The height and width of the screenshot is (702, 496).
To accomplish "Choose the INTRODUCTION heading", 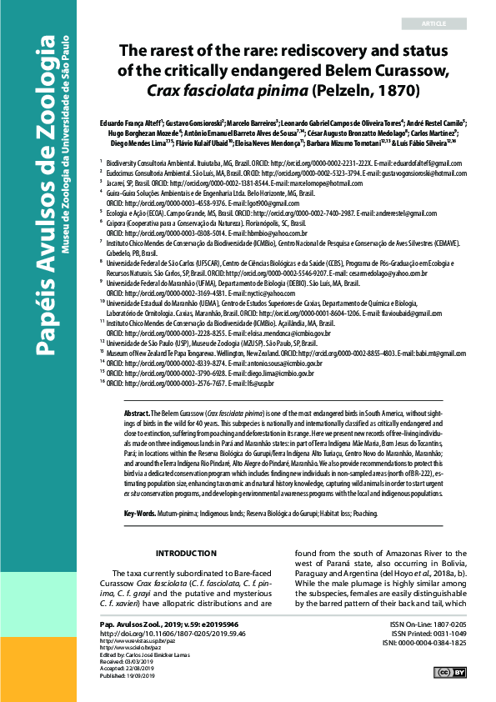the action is pyautogui.click(x=186, y=554).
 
